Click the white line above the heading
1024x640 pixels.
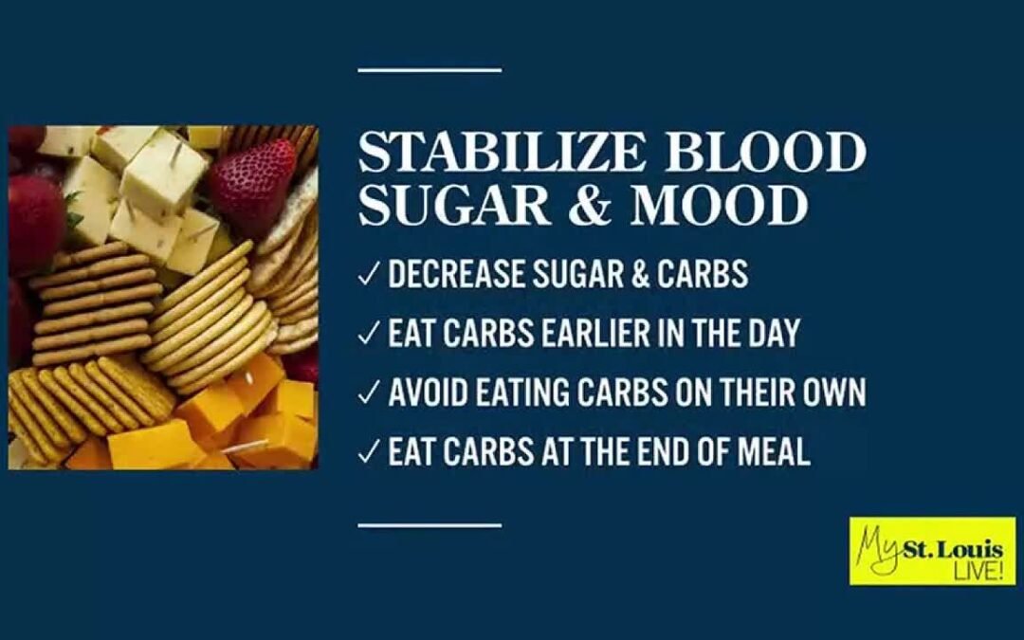pos(430,69)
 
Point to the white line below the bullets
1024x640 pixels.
pos(430,523)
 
